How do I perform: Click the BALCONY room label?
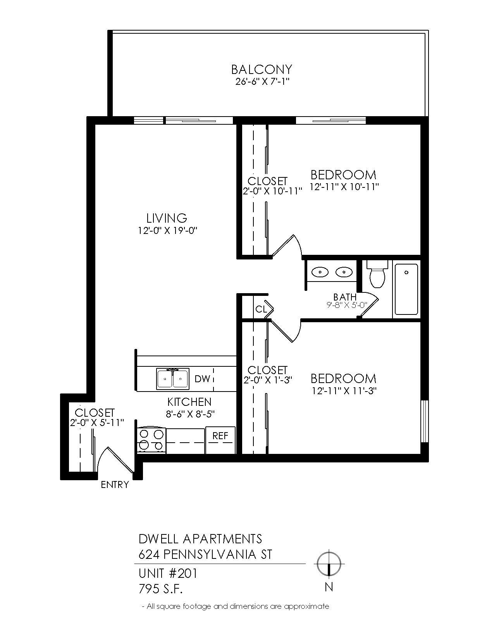click(261, 69)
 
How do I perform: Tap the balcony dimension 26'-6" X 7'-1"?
click(262, 82)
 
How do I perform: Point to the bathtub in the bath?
click(406, 289)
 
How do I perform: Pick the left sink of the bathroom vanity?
click(321, 272)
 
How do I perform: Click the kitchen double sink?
click(173, 379)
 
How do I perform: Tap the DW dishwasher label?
click(202, 379)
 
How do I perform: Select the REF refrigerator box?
click(220, 440)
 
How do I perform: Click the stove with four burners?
click(151, 440)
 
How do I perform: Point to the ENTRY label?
click(115, 484)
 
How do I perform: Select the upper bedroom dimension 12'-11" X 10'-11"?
click(344, 187)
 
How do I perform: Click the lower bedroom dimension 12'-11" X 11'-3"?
click(344, 391)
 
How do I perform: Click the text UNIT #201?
click(168, 573)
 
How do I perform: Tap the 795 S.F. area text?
click(160, 589)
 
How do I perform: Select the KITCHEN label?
click(189, 402)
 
